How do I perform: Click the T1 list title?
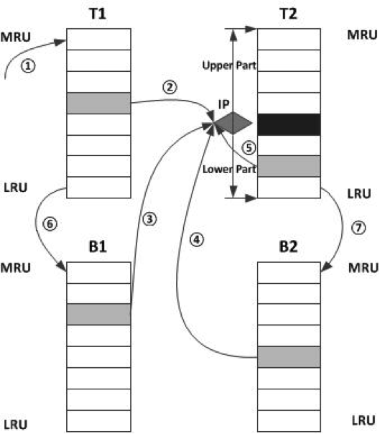point(98,14)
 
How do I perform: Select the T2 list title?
point(289,14)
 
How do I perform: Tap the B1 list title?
point(98,246)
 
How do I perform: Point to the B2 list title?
point(288,246)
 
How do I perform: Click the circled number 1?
point(28,66)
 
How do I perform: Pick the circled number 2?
point(170,87)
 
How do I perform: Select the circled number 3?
point(149,219)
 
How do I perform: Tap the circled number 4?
point(197,239)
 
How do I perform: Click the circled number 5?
point(249,147)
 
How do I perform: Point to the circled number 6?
point(50,223)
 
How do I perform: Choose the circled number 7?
point(358,228)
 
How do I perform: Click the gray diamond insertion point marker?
point(233,123)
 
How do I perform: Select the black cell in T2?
point(289,124)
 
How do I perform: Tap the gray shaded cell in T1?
point(99,103)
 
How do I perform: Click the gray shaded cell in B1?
point(99,315)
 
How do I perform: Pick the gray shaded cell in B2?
point(289,357)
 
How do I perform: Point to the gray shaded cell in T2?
point(289,166)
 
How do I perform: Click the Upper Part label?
point(229,66)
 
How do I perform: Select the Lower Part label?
point(229,170)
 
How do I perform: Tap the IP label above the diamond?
point(223,104)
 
